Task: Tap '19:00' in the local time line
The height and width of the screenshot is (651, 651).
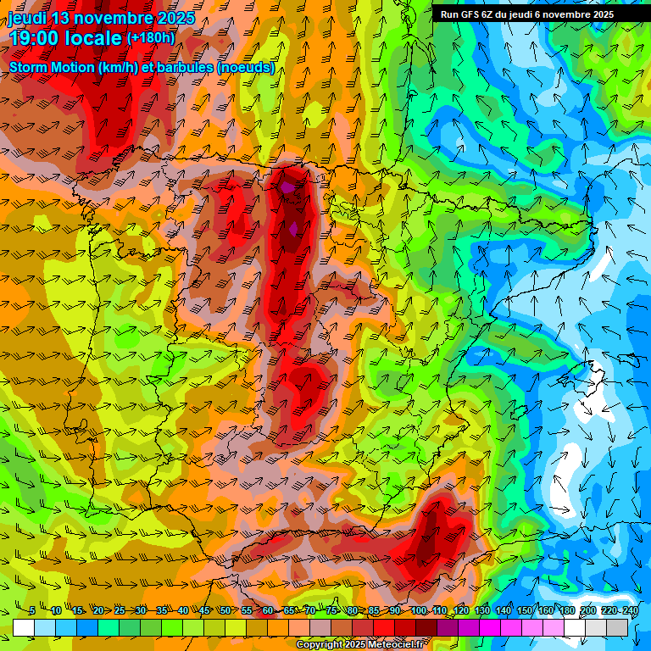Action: click(34, 38)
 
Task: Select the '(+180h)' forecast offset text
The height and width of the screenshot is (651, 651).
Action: click(150, 38)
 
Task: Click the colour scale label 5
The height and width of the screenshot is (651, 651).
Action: click(32, 610)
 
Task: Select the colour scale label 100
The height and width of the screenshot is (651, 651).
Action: click(419, 610)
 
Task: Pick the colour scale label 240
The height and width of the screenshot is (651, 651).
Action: click(630, 610)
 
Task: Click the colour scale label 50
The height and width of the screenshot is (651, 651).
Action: click(225, 610)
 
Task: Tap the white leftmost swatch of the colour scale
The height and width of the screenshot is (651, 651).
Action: click(24, 627)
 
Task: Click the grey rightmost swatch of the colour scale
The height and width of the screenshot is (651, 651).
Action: click(617, 627)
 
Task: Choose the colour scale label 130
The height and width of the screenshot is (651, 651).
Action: click(482, 610)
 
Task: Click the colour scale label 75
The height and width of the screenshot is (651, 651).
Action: click(331, 610)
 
